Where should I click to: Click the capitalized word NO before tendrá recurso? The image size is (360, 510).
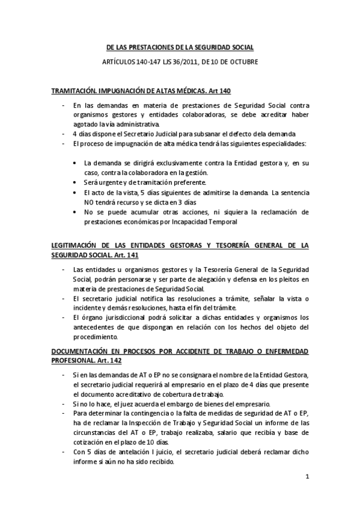90,203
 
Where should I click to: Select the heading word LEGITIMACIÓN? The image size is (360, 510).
77,245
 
